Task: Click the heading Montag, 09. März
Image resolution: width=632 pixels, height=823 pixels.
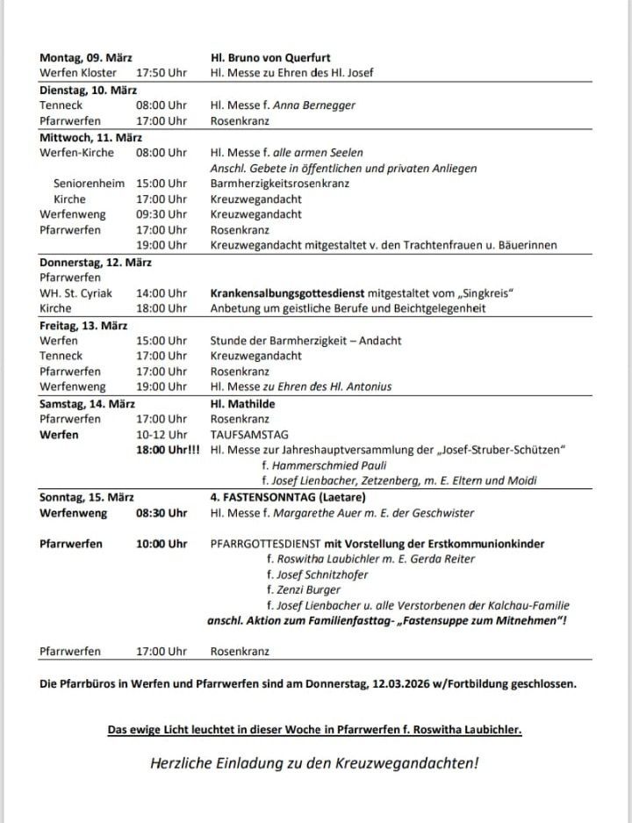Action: (86, 57)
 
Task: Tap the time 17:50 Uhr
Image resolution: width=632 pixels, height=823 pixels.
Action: (162, 72)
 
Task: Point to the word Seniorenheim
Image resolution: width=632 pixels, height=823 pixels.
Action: (89, 184)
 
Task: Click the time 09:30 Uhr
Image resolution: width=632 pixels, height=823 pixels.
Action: (162, 214)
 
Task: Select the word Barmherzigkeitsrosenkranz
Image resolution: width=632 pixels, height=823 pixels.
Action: (279, 184)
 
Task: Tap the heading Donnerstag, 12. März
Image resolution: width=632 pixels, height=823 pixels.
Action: (96, 261)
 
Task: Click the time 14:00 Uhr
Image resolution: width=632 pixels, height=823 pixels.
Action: (162, 292)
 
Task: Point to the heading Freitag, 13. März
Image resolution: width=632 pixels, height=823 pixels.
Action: (83, 324)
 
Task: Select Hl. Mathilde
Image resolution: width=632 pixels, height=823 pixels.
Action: (242, 403)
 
